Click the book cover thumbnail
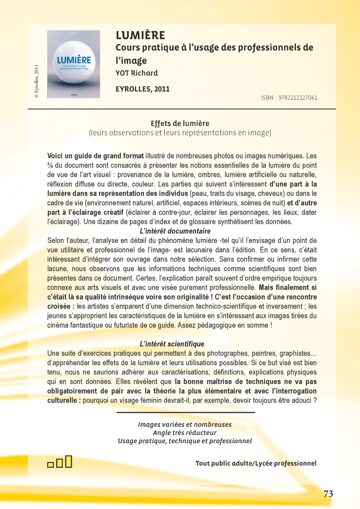[x=73, y=64]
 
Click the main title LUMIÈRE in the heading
[x=141, y=35]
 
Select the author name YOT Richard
[x=136, y=73]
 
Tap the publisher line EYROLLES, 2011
[x=142, y=89]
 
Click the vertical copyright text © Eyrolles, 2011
[x=37, y=81]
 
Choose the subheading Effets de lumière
[x=180, y=123]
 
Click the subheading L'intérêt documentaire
[x=175, y=231]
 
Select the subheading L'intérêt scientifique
[x=172, y=344]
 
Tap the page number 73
[x=328, y=494]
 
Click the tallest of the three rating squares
[x=69, y=461]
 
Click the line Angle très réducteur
[x=185, y=433]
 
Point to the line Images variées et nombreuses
[x=185, y=425]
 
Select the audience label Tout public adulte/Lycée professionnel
[x=256, y=463]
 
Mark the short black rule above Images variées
[x=186, y=412]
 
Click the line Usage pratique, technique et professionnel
[x=185, y=441]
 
